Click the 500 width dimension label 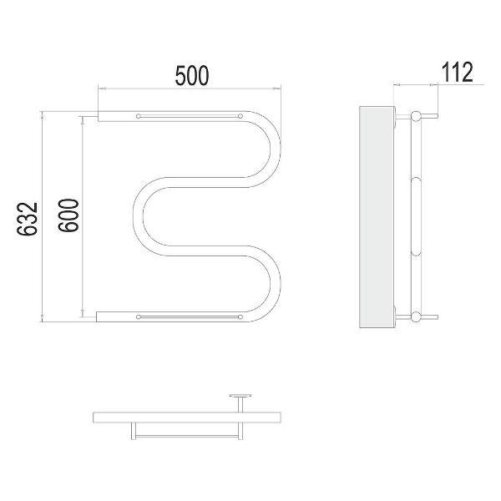pyautogui.click(x=192, y=75)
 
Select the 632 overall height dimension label pyautogui.click(x=28, y=219)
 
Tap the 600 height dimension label pyautogui.click(x=68, y=215)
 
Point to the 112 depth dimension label pyautogui.click(x=458, y=72)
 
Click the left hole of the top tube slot pyautogui.click(x=139, y=116)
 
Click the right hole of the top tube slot pyautogui.click(x=240, y=116)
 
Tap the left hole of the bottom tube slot pyautogui.click(x=139, y=317)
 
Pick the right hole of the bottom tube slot pyautogui.click(x=240, y=317)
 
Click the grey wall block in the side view pyautogui.click(x=377, y=217)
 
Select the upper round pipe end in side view pyautogui.click(x=416, y=116)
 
